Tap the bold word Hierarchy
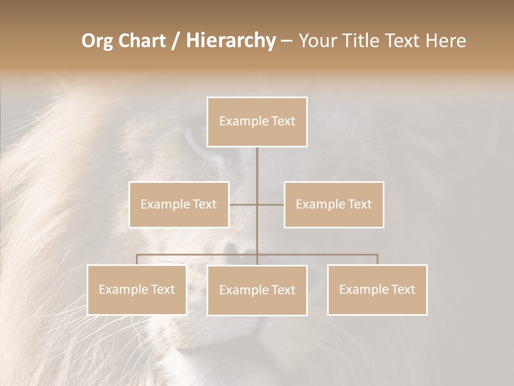tap(230, 41)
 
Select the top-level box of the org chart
tap(257, 122)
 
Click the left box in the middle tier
tap(179, 204)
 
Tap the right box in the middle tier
tap(334, 204)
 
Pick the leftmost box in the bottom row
tap(137, 289)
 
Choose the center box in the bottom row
tap(257, 290)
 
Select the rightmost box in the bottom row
tap(377, 289)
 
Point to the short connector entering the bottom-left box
tap(137, 259)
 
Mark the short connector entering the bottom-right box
tap(377, 259)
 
